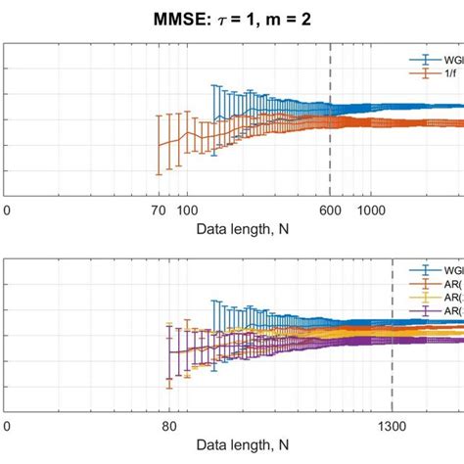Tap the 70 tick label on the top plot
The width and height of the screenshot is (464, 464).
click(x=158, y=210)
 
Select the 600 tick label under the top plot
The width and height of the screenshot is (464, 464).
click(x=329, y=210)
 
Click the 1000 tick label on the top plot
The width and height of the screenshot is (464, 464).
click(x=371, y=210)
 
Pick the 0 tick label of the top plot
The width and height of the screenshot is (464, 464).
click(x=7, y=210)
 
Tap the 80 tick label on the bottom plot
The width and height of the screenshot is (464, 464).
click(x=169, y=427)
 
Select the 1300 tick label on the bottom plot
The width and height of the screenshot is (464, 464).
click(x=392, y=427)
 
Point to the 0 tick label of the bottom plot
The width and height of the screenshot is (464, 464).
click(x=7, y=427)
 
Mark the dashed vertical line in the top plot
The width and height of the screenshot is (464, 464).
click(x=330, y=117)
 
